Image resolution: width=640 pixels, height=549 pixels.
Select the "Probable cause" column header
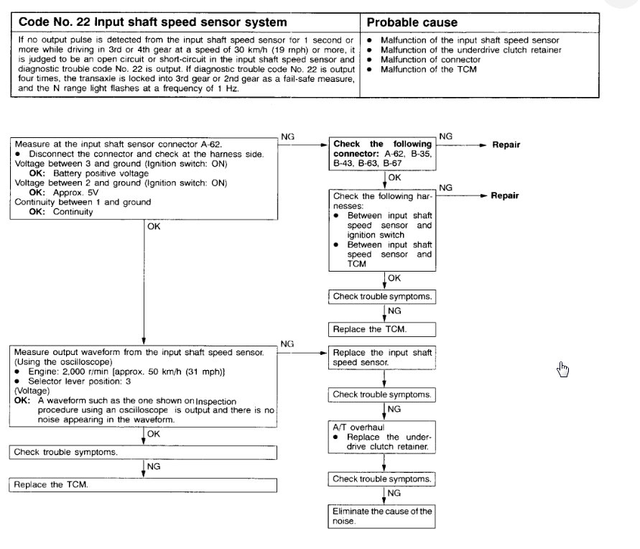coord(412,22)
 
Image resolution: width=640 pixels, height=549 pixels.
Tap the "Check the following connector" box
coord(381,154)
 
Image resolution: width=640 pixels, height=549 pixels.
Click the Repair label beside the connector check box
coord(506,144)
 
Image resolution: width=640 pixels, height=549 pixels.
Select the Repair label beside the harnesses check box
coord(506,195)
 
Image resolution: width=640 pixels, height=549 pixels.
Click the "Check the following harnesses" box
coord(381,230)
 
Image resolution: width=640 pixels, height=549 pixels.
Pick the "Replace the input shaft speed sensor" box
coord(381,358)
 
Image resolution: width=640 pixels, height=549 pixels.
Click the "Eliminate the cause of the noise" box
coord(381,517)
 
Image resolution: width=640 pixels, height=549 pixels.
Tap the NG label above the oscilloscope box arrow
coord(287,344)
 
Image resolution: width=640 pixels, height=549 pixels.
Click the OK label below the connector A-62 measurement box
coord(154,226)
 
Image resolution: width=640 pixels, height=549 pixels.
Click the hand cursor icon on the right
coord(562,369)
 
